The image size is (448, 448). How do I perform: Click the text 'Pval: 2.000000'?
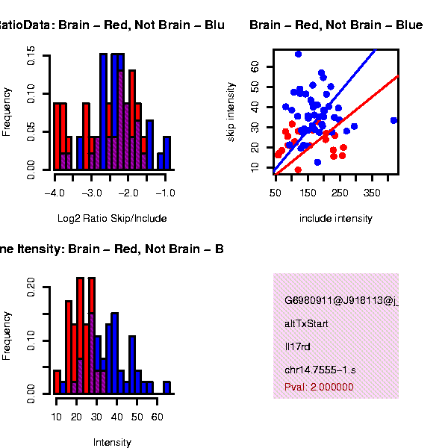click(x=319, y=387)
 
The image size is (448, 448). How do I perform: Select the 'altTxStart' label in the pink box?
click(x=306, y=324)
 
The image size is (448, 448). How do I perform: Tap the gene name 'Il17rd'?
click(x=296, y=346)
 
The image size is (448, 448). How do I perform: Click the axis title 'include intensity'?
click(x=335, y=219)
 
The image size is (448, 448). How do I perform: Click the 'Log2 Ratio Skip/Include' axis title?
click(x=112, y=219)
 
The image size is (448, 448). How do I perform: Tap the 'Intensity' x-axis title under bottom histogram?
click(x=112, y=442)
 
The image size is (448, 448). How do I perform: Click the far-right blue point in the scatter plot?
click(x=393, y=120)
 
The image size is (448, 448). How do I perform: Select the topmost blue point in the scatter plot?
click(x=298, y=54)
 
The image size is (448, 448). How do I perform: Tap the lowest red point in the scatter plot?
click(x=298, y=170)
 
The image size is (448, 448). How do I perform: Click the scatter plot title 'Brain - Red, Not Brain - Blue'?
click(x=336, y=25)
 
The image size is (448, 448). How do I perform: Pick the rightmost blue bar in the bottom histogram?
click(x=167, y=387)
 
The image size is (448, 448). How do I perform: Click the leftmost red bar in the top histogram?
click(x=57, y=136)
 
